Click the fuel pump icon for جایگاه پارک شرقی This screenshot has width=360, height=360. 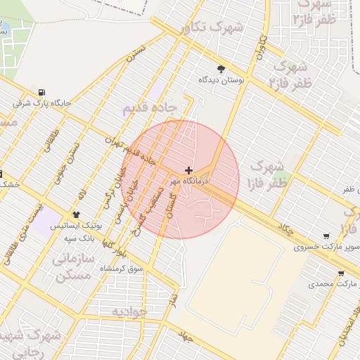[43, 92]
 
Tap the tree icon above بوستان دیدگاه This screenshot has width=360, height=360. [221, 69]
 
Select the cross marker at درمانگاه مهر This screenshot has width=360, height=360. [188, 170]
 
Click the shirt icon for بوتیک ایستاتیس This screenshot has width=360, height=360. [77, 214]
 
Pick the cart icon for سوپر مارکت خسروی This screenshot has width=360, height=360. [326, 236]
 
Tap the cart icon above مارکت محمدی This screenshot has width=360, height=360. [340, 274]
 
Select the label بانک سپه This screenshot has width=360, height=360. [80, 238]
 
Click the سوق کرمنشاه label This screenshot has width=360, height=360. [122, 269]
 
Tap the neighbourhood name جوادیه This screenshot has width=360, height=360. [129, 310]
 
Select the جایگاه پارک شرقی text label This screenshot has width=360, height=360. [42, 103]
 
